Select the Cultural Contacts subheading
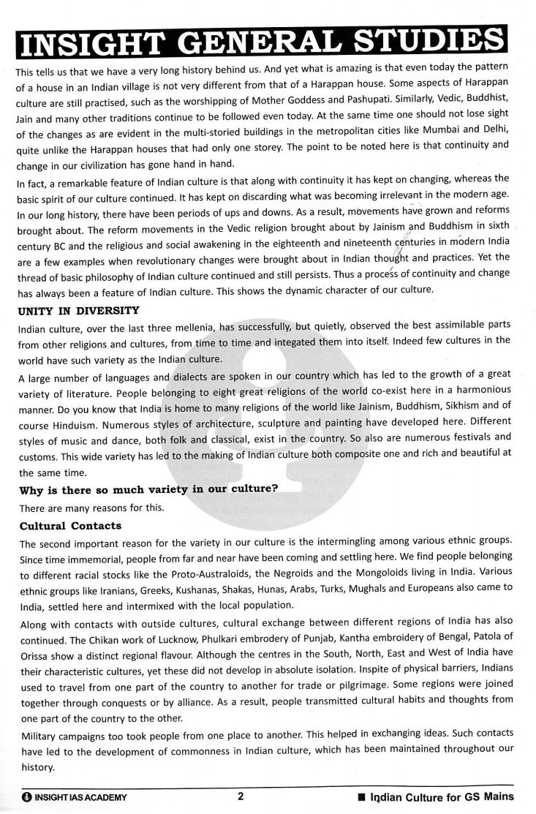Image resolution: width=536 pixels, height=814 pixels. [70, 526]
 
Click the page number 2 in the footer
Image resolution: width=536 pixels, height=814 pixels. [241, 797]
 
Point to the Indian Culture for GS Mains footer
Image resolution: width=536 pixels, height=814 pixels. [442, 797]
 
